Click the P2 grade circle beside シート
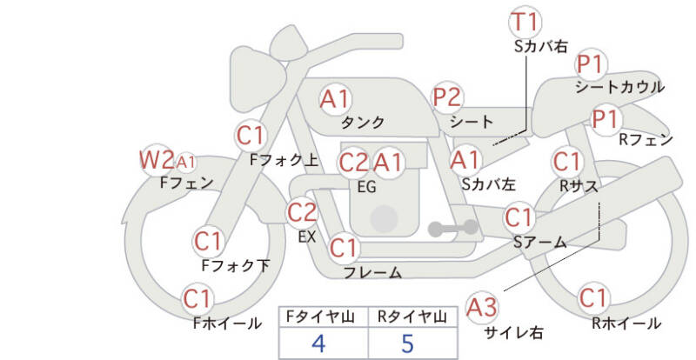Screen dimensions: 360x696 [x=448, y=97]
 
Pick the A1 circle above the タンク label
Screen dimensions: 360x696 [x=335, y=99]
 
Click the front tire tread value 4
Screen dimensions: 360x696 [x=318, y=343]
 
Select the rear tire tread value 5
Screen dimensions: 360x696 [x=407, y=343]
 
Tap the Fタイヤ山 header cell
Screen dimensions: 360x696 [x=318, y=317]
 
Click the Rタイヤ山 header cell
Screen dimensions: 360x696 [x=407, y=317]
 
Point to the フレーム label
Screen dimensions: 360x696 [x=372, y=273]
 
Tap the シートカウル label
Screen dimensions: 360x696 [x=619, y=87]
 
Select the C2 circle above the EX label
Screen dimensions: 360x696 [x=303, y=212]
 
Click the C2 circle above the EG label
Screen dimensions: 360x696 [x=353, y=163]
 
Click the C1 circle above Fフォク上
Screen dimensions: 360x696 [x=251, y=136]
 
